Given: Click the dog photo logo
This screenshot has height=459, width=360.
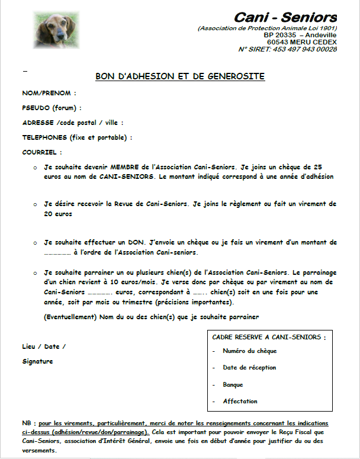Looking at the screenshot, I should (49, 27).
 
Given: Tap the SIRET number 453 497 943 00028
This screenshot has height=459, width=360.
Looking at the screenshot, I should (303, 49).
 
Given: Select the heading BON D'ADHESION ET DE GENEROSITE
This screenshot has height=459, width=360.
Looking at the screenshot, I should (180, 76).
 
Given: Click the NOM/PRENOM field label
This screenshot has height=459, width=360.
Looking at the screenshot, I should (49, 93).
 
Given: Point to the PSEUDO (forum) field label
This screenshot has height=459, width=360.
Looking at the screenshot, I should (52, 108).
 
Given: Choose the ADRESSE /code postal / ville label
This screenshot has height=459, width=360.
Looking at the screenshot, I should (72, 123).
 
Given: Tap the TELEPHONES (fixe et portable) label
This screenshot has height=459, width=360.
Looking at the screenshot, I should (77, 137).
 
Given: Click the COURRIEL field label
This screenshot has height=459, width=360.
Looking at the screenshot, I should (42, 152).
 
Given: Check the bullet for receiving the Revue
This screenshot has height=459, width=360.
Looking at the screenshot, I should (36, 204).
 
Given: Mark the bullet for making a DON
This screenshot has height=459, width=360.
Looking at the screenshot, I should (36, 242).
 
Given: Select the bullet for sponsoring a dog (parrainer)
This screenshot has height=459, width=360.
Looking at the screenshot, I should (36, 272).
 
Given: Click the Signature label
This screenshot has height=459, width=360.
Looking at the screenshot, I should (37, 361).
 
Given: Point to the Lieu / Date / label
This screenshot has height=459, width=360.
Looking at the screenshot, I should (44, 346).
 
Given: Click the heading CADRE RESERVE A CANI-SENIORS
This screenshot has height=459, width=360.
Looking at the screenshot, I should (269, 337).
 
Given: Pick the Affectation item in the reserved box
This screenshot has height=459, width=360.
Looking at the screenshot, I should (240, 401).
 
